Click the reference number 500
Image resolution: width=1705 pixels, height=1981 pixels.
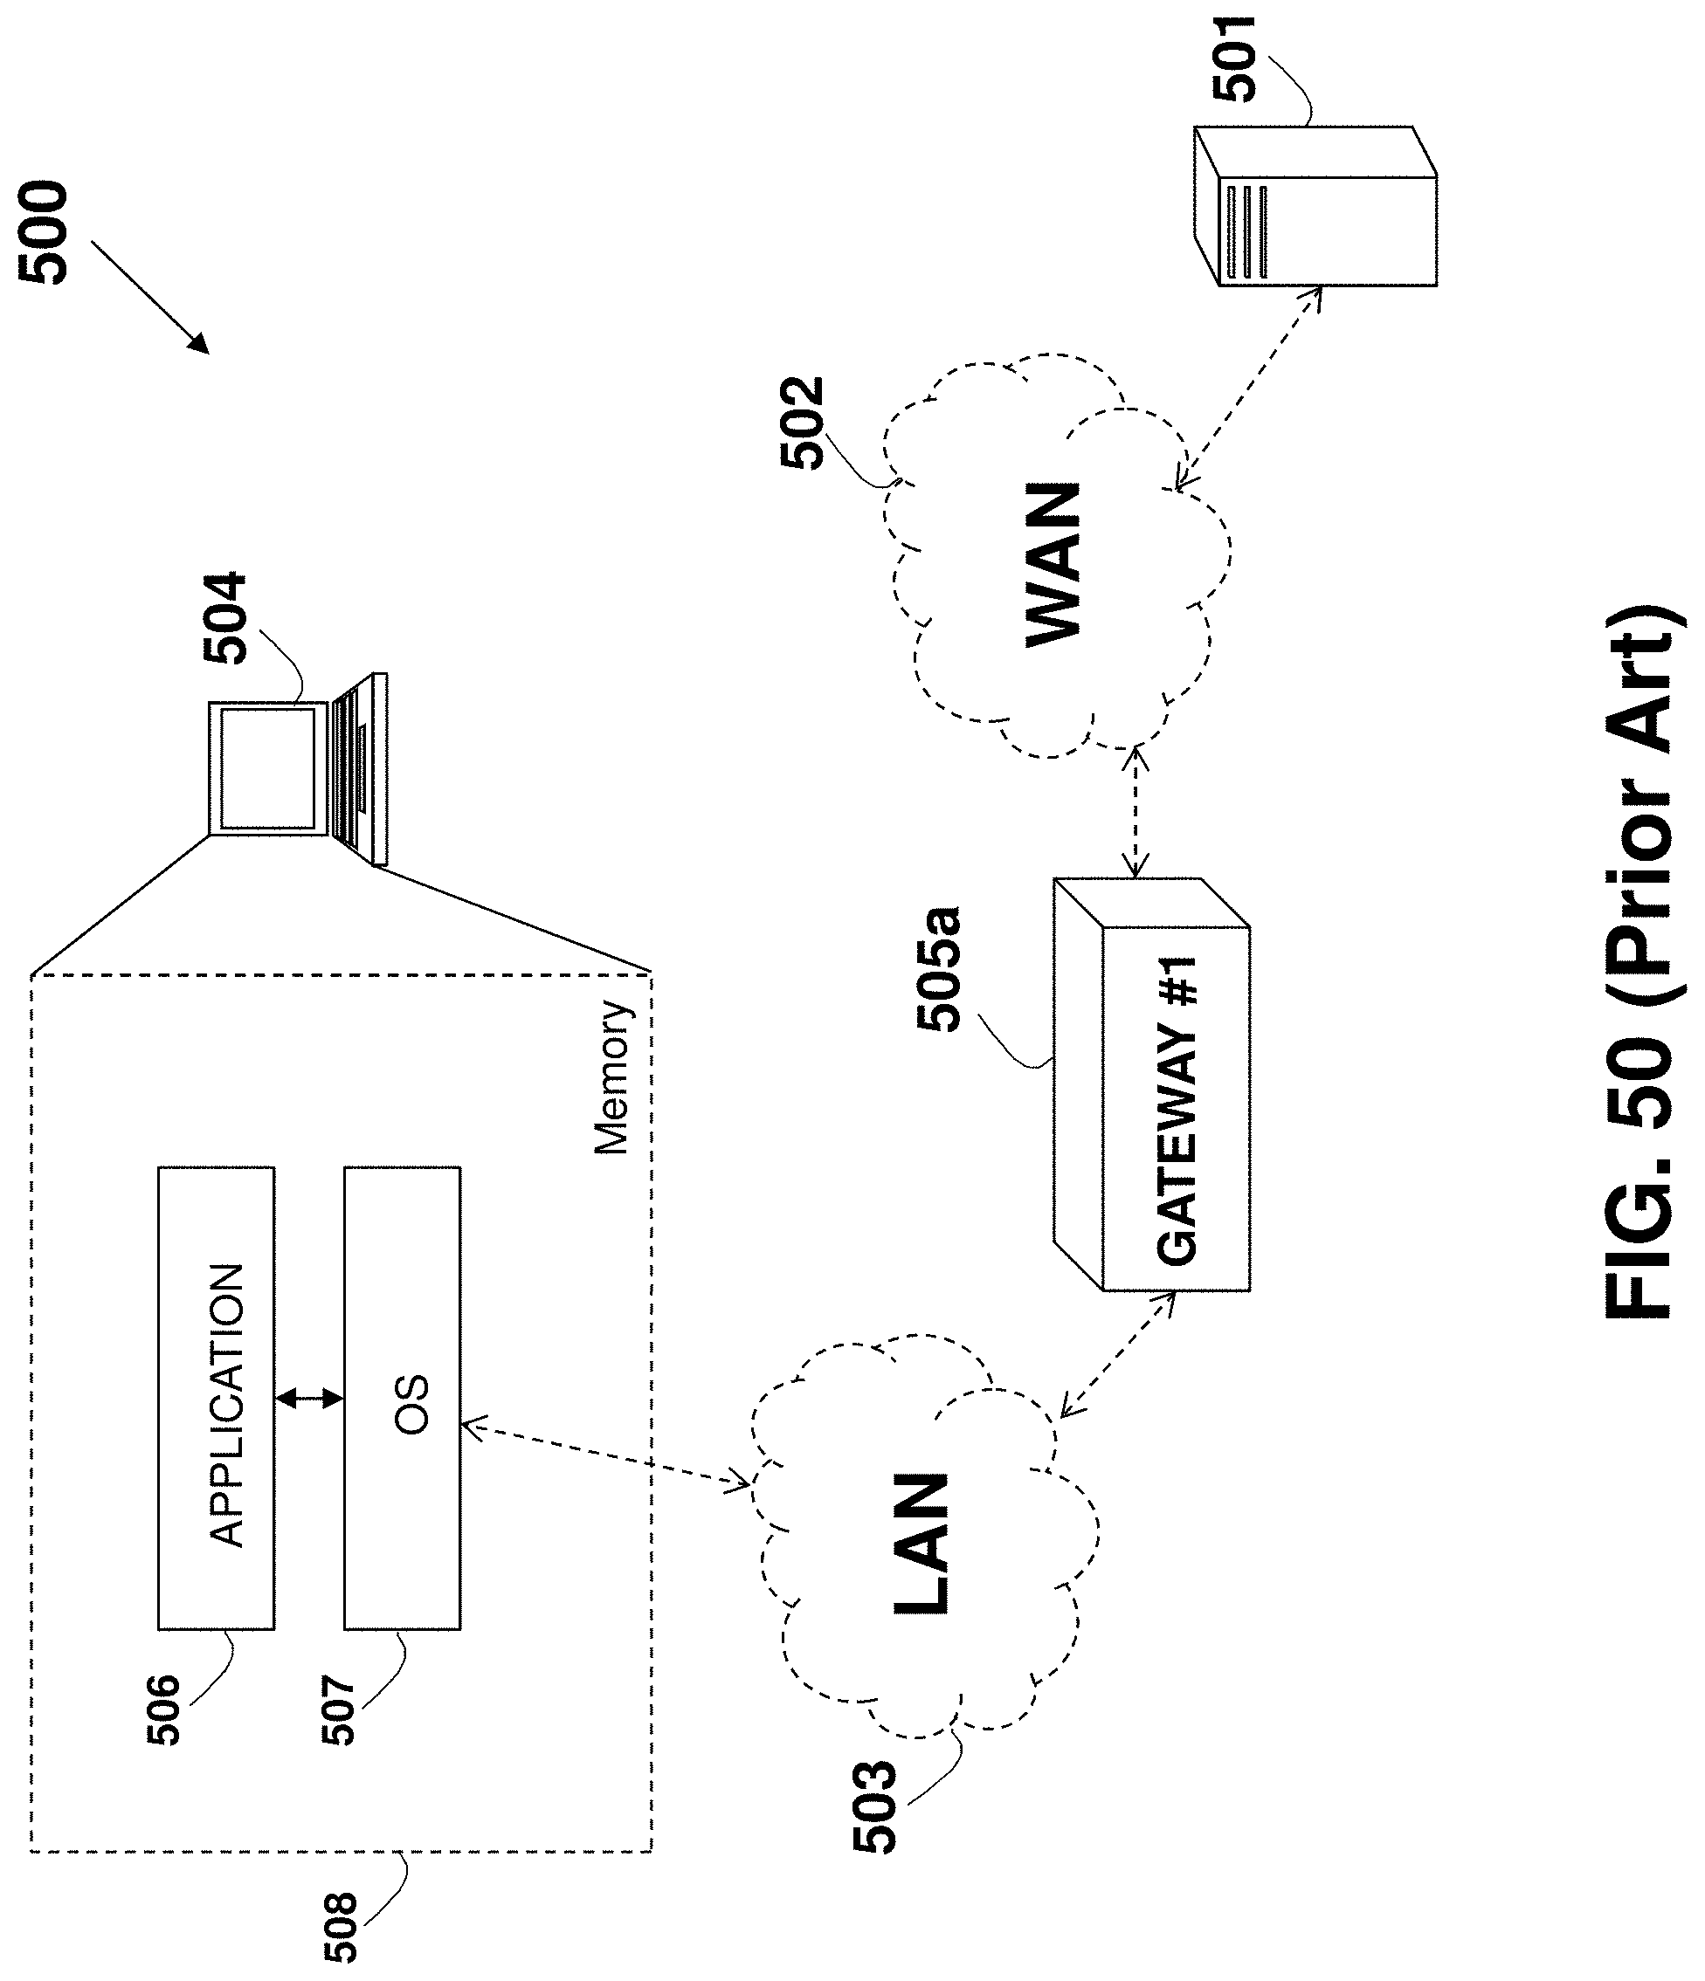pyautogui.click(x=44, y=232)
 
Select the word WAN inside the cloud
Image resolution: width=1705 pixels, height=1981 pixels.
pyautogui.click(x=1053, y=565)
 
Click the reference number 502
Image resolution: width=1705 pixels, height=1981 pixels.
pyautogui.click(x=801, y=423)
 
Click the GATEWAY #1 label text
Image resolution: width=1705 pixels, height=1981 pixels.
pyautogui.click(x=1177, y=1109)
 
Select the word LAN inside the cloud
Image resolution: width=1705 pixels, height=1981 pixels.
pyautogui.click(x=921, y=1544)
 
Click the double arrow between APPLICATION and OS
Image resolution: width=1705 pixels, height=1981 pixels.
pyautogui.click(x=309, y=1399)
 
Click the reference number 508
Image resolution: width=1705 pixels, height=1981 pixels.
pyautogui.click(x=341, y=1927)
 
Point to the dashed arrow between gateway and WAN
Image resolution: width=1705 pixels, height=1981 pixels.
pyautogui.click(x=1136, y=813)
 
